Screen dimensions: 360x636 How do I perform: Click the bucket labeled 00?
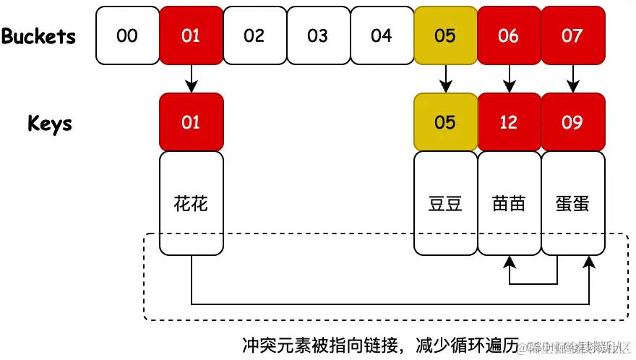127,35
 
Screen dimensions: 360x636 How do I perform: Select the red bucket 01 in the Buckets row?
191,35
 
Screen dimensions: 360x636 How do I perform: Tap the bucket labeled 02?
254,35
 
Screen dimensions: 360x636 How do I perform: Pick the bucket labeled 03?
318,35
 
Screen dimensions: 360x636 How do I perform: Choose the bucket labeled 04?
382,35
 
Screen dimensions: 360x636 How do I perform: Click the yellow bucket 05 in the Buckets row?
445,35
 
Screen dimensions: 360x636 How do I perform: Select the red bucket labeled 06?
509,35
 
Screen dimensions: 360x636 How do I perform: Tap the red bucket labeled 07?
572,35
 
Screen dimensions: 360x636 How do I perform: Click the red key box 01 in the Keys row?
191,122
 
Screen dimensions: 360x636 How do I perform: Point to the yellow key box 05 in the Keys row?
445,122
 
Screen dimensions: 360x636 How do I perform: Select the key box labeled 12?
509,122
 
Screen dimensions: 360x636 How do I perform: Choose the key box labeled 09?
572,122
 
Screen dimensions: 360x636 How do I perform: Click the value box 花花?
191,203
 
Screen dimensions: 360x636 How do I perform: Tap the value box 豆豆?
445,203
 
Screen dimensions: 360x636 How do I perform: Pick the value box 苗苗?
509,203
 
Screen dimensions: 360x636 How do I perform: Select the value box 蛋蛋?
572,203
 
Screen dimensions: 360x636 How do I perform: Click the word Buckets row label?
38,36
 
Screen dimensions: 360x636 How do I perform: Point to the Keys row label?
50,123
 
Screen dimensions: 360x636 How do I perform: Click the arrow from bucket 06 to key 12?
510,78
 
